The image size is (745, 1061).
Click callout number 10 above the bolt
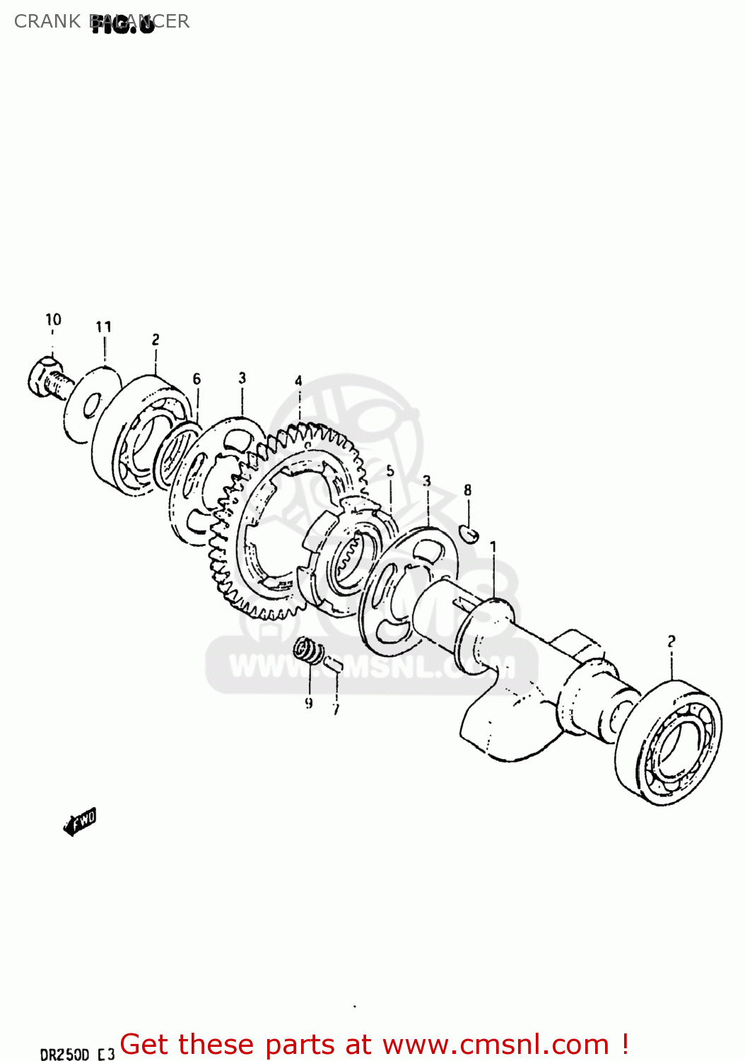point(54,320)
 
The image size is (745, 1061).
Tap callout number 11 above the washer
point(104,327)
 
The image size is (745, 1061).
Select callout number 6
point(196,379)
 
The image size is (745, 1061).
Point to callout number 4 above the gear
point(298,381)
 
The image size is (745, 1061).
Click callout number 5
point(390,471)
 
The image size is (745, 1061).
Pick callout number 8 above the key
point(467,490)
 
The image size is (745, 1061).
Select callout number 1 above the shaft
point(493,547)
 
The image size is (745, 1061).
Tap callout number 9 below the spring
point(309,703)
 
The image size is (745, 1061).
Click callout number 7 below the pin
point(336,709)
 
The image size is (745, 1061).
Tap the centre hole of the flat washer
point(90,407)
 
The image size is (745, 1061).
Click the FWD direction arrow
point(80,822)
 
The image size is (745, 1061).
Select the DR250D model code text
point(64,1055)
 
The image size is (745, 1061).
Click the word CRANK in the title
point(47,21)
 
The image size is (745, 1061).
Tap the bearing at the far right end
point(669,743)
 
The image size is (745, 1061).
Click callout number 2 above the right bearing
point(671,641)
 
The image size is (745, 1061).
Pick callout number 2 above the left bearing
point(156,340)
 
